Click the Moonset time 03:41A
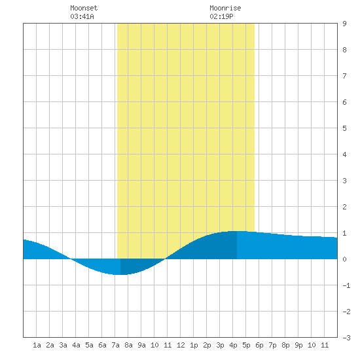point(82,16)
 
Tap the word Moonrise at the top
point(225,8)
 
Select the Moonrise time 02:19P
point(221,16)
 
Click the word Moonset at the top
point(84,8)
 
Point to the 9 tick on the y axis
point(344,24)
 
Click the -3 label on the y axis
point(346,338)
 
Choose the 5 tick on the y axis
point(344,128)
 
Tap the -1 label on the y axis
point(346,285)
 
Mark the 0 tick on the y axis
point(344,259)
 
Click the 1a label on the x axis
point(37,345)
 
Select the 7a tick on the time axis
point(115,345)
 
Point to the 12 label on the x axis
point(181,345)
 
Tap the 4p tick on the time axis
point(233,345)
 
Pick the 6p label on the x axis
point(259,345)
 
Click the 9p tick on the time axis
point(298,345)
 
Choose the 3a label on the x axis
point(63,345)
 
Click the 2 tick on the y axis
point(344,207)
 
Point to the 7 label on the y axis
point(344,76)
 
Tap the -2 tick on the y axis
point(346,312)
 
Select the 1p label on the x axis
point(194,345)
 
